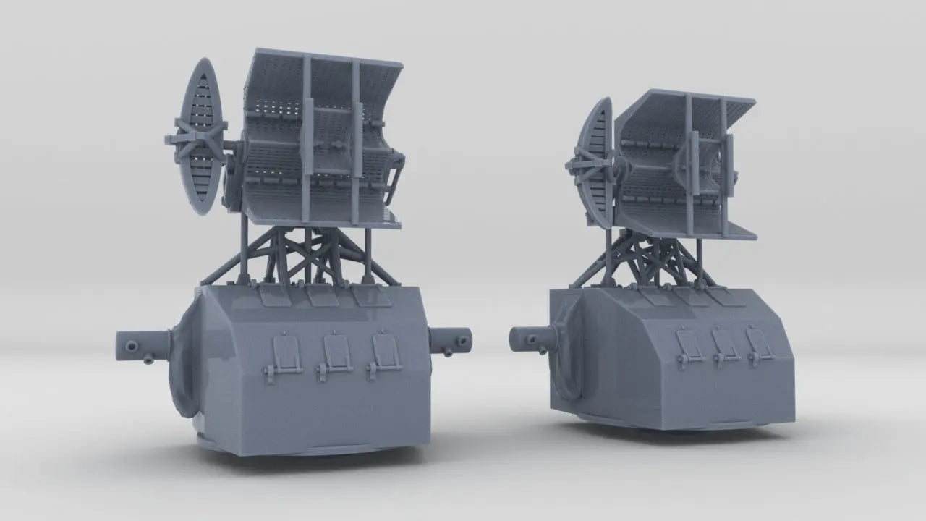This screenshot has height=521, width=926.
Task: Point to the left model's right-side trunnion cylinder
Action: pyautogui.click(x=451, y=340)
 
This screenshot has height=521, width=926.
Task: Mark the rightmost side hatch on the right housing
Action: pyautogui.click(x=758, y=342)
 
